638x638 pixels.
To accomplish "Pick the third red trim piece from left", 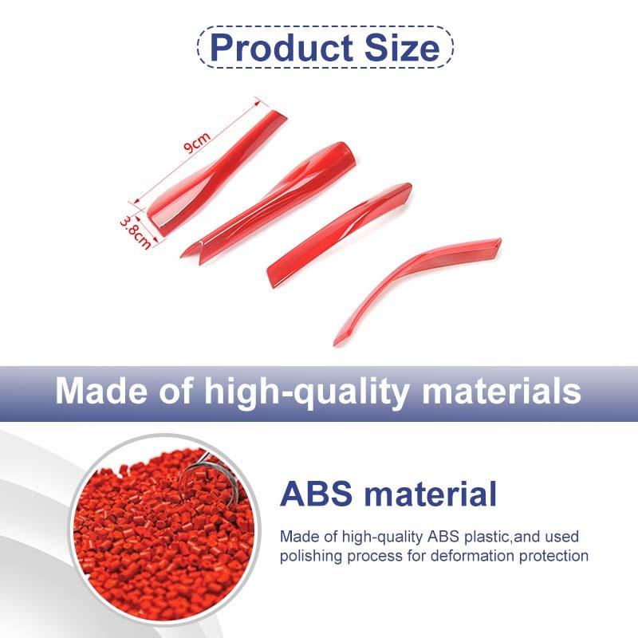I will click(339, 231).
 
